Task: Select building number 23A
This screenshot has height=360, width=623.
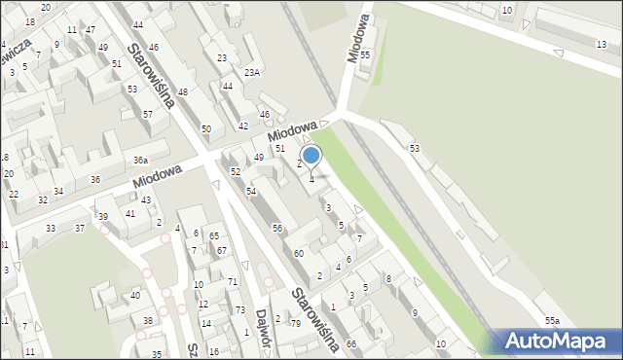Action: click(252, 72)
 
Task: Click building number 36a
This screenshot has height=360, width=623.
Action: click(141, 160)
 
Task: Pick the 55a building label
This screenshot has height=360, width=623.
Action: click(553, 320)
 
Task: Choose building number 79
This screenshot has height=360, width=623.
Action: click(296, 322)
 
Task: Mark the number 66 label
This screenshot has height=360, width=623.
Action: click(351, 344)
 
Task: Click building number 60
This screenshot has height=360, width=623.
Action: click(299, 253)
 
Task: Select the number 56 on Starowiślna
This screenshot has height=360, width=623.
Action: click(277, 228)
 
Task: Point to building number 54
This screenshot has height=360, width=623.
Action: click(251, 191)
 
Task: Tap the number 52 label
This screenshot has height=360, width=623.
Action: click(236, 171)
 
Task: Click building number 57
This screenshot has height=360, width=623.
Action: click(148, 115)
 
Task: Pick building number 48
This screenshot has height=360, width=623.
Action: click(182, 91)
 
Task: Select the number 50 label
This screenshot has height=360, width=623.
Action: click(205, 128)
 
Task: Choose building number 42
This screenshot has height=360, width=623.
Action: click(243, 126)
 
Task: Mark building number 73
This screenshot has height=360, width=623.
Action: click(239, 309)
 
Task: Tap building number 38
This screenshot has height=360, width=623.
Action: click(148, 320)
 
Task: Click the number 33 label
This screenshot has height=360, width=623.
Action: click(51, 228)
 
